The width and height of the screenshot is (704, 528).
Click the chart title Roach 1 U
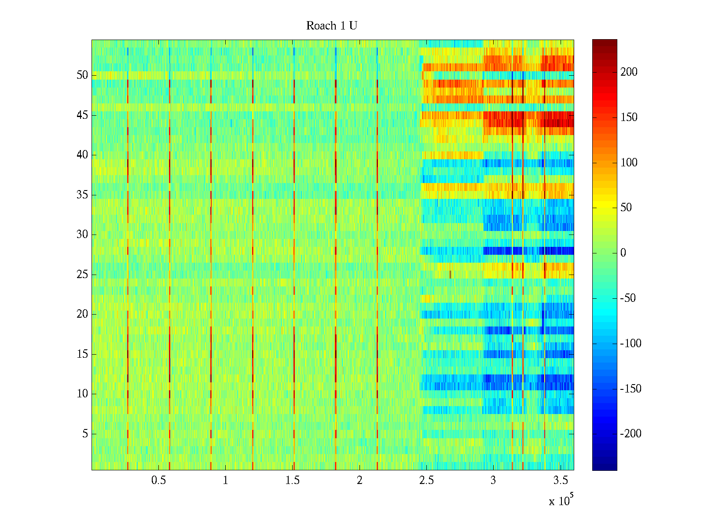coord(331,26)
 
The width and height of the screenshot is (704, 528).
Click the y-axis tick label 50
coord(82,75)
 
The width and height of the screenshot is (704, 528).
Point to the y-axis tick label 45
coord(82,115)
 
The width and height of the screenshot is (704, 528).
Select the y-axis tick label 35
coord(82,194)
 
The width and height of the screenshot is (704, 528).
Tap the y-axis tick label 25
coord(82,275)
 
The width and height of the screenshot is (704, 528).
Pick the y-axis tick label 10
coord(82,394)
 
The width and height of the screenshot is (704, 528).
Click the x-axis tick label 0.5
coord(158,480)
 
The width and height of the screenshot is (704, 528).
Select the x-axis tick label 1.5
coord(292,480)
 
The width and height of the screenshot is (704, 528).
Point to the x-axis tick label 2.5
coord(426,480)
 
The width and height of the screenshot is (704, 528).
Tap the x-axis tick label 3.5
coord(560,480)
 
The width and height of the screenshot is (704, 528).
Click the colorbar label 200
coord(629,72)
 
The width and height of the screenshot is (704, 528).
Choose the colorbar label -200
coord(631,434)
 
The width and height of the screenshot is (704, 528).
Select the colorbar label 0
coord(623,253)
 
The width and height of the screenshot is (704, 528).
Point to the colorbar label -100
coord(631,344)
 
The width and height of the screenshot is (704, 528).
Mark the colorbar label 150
coord(629,117)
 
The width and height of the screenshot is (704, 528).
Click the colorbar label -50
coord(628,298)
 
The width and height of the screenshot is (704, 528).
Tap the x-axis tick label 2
coord(359,480)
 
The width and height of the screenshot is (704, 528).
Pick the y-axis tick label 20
coord(82,314)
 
